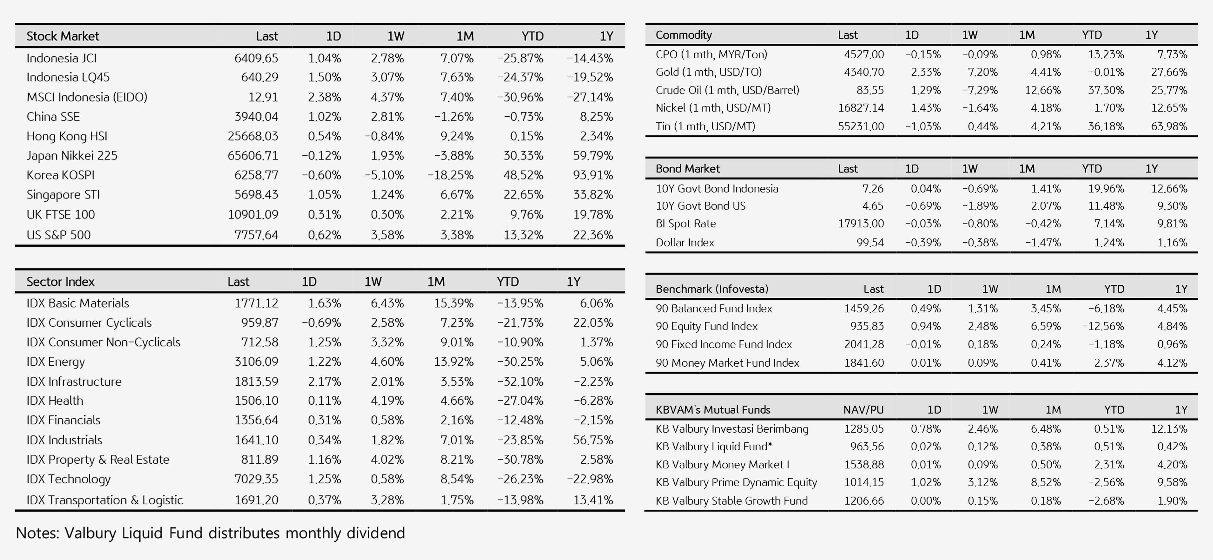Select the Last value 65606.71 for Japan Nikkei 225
pos(253,156)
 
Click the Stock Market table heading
pos(63,36)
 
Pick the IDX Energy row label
pos(56,362)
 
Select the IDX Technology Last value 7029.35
pos(256,479)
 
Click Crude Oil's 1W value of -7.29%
pos(980,90)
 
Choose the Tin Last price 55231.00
pos(861,126)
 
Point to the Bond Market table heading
pos(688,168)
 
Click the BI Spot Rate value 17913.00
pos(861,223)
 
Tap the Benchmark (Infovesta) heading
pos(712,289)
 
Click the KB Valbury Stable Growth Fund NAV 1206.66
pos(864,501)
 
